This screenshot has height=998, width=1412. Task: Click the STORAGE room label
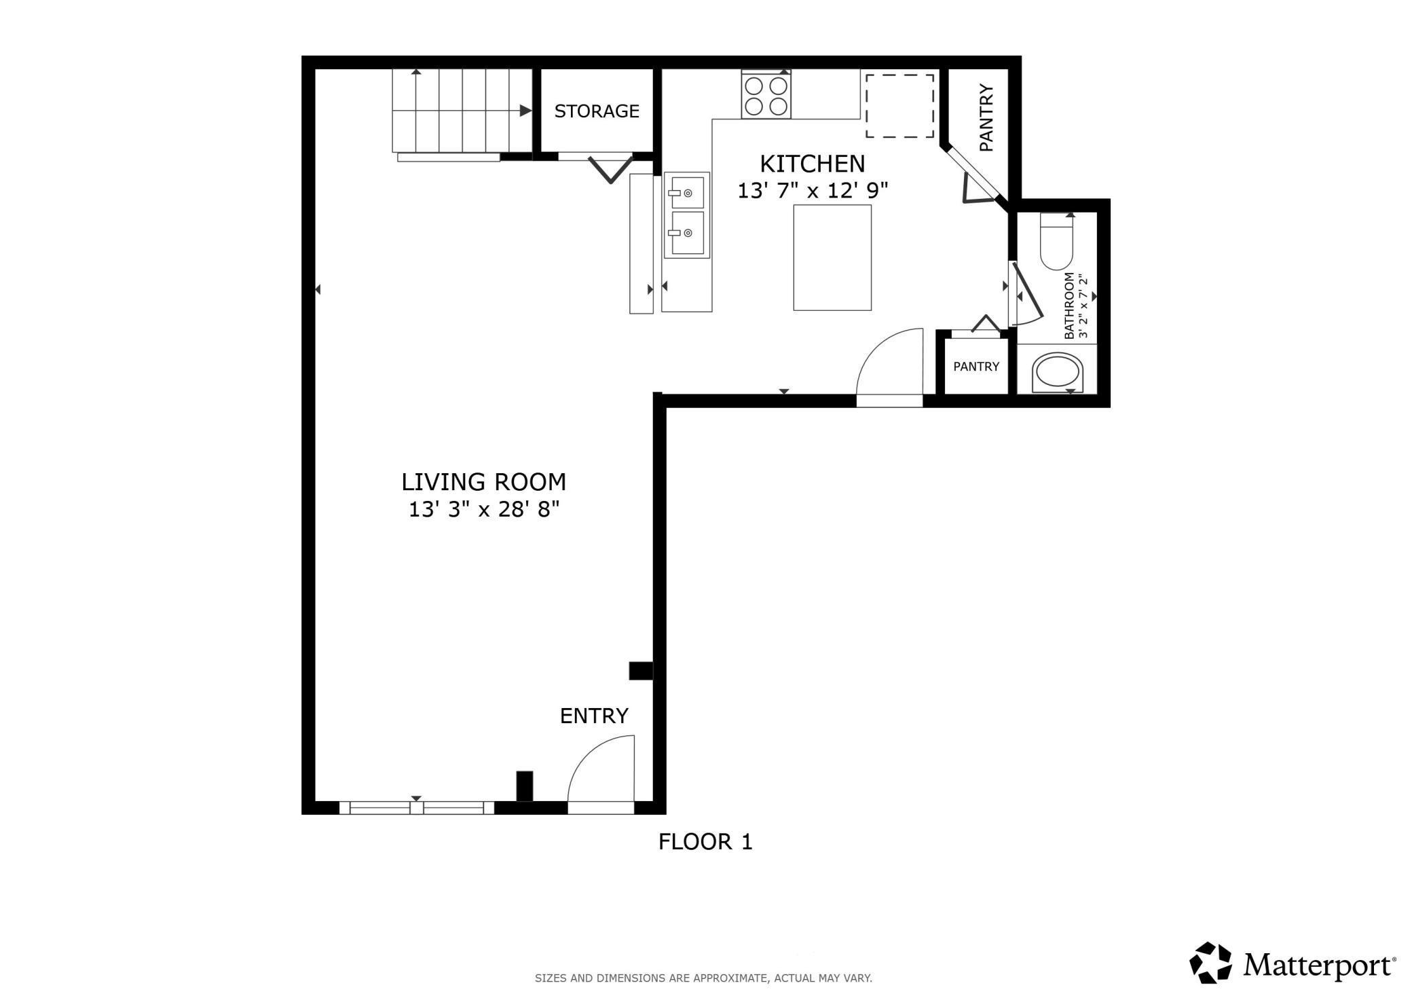pyautogui.click(x=597, y=111)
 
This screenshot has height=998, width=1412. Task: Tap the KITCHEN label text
pyautogui.click(x=812, y=164)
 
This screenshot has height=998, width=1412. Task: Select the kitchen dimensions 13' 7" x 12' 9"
pyautogui.click(x=813, y=191)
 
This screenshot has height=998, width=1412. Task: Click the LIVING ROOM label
pyautogui.click(x=483, y=482)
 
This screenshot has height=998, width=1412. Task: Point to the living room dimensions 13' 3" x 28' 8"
pyautogui.click(x=484, y=509)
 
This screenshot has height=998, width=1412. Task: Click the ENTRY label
pyautogui.click(x=594, y=716)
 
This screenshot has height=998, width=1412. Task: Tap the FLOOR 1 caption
pyautogui.click(x=705, y=842)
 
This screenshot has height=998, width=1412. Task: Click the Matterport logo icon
pyautogui.click(x=1210, y=962)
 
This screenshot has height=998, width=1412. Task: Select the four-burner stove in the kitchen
pyautogui.click(x=766, y=96)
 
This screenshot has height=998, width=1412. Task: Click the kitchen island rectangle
pyautogui.click(x=832, y=257)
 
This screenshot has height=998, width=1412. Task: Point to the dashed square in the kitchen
pyautogui.click(x=899, y=106)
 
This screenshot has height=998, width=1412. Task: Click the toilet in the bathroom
pyautogui.click(x=1056, y=242)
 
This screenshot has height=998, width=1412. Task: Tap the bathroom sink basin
pyautogui.click(x=1058, y=373)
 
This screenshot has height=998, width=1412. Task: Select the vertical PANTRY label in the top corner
pyautogui.click(x=986, y=117)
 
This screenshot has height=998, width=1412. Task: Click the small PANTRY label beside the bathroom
pyautogui.click(x=976, y=367)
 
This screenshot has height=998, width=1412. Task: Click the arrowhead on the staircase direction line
pyautogui.click(x=525, y=111)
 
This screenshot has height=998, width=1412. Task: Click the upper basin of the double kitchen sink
pyautogui.click(x=687, y=193)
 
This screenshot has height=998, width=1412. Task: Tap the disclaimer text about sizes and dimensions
pyautogui.click(x=703, y=978)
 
